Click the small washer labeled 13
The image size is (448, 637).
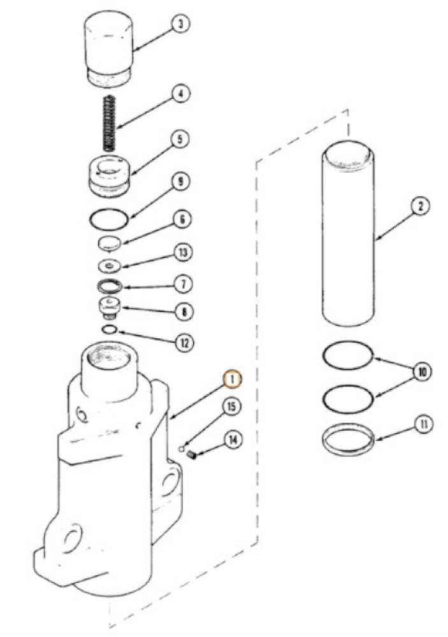coord(110,266)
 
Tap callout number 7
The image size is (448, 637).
coord(183,283)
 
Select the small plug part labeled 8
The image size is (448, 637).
coord(108,309)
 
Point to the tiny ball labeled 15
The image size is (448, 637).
coord(182,448)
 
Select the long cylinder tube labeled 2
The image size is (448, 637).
coord(349,233)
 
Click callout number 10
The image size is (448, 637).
coord(423,371)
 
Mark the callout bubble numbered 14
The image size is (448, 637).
coord(233,440)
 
